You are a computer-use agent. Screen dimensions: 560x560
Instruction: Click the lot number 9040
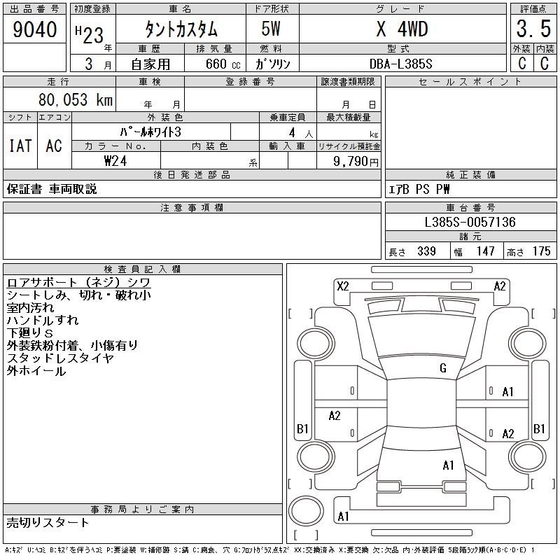coord(34,29)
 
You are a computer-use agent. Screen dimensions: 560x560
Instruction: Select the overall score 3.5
coord(533,29)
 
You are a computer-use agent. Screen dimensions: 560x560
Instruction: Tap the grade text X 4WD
coord(402,29)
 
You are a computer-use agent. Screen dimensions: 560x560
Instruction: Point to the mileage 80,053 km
coord(76,99)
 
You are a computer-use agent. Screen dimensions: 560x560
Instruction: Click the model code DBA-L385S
coord(400,64)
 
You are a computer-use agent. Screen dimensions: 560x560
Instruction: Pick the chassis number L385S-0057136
coord(470,222)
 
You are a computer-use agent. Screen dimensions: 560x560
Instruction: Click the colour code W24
coord(115,161)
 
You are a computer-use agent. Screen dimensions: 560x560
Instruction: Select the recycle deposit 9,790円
coord(356,162)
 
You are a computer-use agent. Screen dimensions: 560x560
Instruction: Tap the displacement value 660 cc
coord(223,64)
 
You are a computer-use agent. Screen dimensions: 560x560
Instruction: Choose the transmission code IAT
coord(20,146)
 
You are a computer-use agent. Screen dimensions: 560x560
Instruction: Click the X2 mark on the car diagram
coord(343,286)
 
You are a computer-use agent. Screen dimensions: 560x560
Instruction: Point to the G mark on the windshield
coord(443,368)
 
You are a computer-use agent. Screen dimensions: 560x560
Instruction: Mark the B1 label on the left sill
coord(302,428)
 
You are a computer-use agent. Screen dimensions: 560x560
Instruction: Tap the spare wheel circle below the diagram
coord(306,510)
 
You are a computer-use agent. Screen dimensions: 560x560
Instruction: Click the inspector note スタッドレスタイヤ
coord(60,358)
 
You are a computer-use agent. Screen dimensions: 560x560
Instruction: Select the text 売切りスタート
coord(48,523)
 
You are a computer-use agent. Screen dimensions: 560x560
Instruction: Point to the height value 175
coord(541,251)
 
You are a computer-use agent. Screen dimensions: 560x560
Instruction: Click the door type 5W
coord(271,29)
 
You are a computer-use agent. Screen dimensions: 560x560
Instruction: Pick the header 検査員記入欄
coord(142,269)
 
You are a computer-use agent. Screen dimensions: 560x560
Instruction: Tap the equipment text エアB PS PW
coord(419,189)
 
